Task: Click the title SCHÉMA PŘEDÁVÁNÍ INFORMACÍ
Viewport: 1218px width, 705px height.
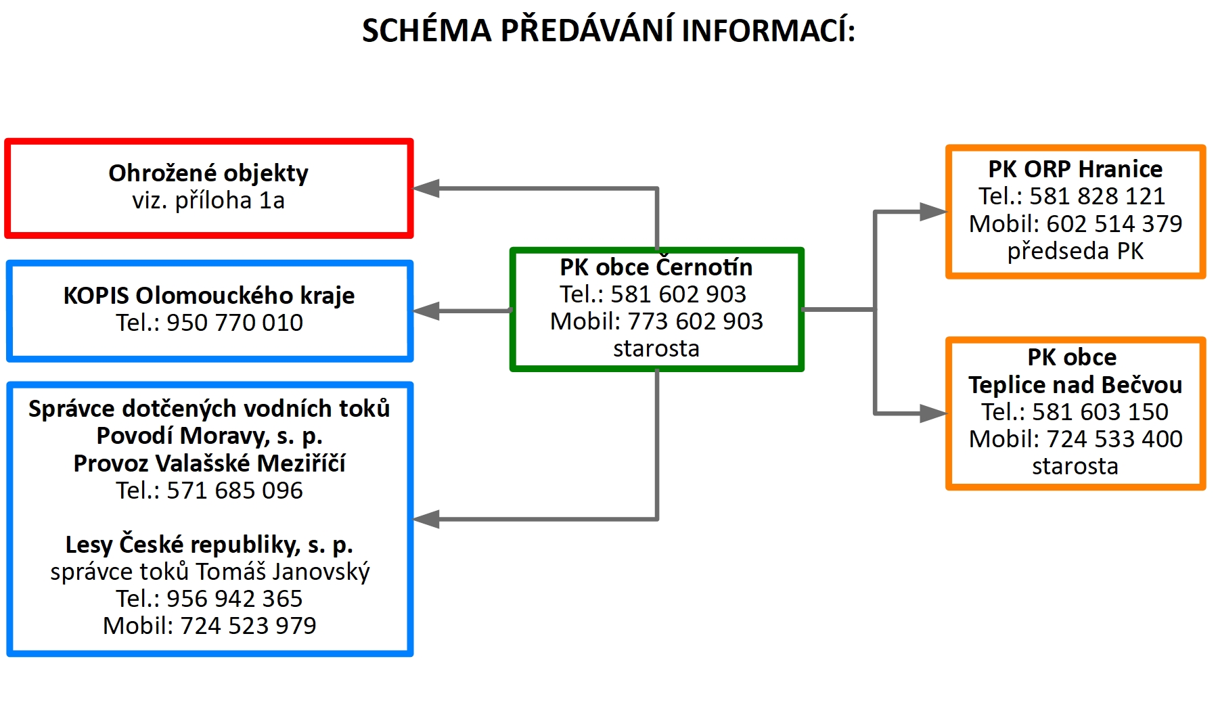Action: point(608,31)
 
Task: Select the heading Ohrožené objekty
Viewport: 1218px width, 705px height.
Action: point(208,173)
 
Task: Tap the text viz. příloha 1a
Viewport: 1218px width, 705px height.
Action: point(208,200)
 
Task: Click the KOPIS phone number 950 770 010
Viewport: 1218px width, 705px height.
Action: point(235,323)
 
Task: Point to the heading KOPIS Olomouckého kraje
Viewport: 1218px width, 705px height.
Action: point(209,296)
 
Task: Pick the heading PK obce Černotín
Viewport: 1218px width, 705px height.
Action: point(656,267)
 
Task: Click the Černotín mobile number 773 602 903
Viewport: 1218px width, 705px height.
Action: point(695,321)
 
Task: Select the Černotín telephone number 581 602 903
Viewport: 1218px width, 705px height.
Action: point(678,294)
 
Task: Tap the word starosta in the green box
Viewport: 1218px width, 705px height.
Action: point(656,348)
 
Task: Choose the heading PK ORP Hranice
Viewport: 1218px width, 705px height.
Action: point(1075,168)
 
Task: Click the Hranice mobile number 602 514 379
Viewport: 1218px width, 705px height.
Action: point(1114,223)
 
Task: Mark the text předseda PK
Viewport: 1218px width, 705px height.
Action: point(1075,251)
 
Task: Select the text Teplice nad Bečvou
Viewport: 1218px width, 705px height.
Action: point(1075,384)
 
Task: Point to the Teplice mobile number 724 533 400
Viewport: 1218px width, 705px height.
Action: point(1114,439)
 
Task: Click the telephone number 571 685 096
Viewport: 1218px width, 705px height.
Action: point(235,491)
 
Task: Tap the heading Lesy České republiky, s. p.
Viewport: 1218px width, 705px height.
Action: point(209,545)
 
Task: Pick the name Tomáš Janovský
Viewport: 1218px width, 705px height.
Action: point(283,572)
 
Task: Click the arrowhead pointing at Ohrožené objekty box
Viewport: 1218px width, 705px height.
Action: point(426,189)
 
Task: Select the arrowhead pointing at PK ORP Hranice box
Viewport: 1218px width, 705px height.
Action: point(933,212)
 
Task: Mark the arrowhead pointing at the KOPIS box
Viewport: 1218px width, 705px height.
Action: point(426,311)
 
